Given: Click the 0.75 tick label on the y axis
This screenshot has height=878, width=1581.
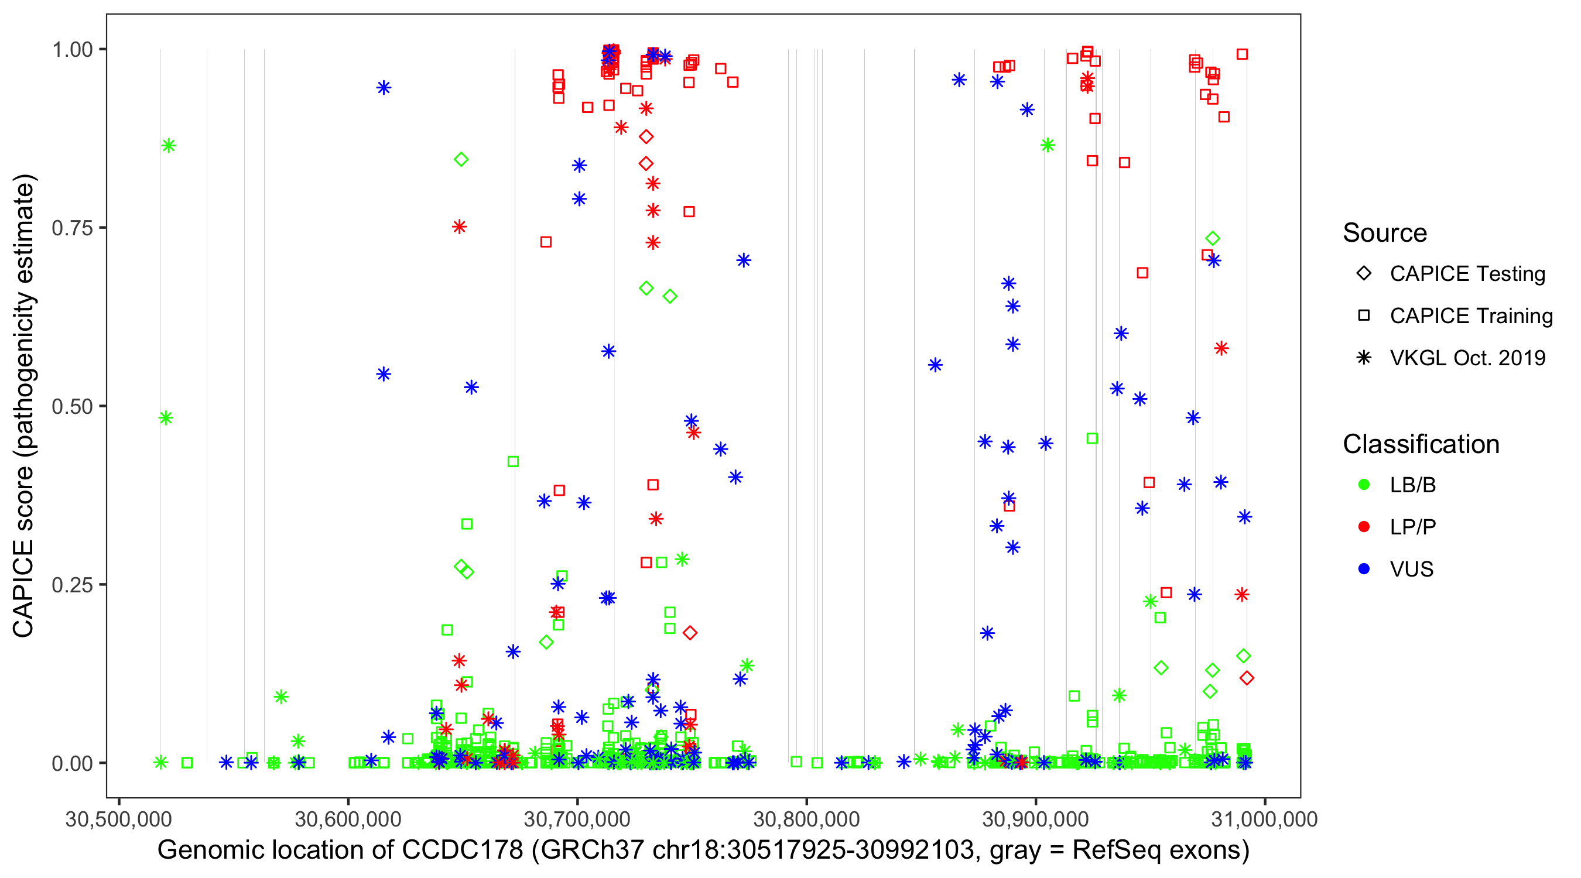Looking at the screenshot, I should click(x=71, y=228).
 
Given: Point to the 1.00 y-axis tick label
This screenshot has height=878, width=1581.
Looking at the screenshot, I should click(x=71, y=49).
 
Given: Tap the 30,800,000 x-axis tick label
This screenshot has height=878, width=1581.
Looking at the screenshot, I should click(x=806, y=819).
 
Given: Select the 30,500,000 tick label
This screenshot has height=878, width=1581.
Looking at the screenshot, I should click(x=118, y=819).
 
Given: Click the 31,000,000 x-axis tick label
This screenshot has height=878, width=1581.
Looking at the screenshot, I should click(x=1265, y=819).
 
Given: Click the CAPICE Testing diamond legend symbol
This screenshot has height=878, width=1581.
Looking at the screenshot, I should click(x=1364, y=273).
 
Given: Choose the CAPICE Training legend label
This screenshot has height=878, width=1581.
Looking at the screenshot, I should click(x=1470, y=315).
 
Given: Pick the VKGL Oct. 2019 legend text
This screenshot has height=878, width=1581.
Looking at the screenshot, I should click(x=1467, y=358).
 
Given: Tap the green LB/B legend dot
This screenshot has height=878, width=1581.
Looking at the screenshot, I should click(x=1364, y=485).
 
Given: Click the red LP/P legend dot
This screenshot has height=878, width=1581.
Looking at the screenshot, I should click(x=1364, y=527).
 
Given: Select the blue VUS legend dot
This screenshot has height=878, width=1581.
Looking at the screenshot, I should click(x=1364, y=569).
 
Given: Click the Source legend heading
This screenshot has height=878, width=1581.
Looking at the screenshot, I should click(x=1385, y=233).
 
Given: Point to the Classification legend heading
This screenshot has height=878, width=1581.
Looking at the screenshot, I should click(x=1421, y=444).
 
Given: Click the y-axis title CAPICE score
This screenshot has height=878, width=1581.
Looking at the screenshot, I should click(x=25, y=405).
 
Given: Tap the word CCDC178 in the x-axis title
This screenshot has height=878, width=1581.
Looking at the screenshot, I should click(x=461, y=850).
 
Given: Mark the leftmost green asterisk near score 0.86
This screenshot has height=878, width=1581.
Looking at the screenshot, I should click(x=169, y=145).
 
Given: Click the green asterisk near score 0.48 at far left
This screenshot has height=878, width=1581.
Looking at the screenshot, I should click(x=166, y=418).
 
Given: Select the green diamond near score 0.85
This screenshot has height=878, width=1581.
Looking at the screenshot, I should click(x=461, y=160).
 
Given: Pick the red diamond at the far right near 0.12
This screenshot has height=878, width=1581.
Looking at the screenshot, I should click(x=1247, y=678).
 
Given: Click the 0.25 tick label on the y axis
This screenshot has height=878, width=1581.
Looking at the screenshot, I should click(x=71, y=585).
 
